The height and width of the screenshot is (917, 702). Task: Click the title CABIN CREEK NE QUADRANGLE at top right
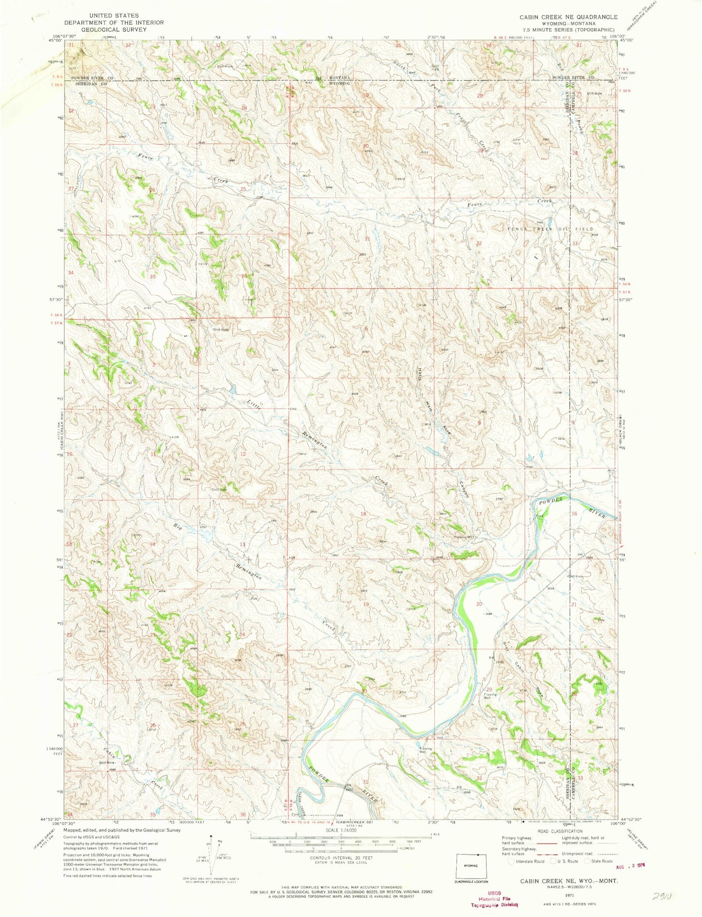pos(568,17)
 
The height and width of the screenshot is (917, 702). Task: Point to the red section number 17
pos(479,514)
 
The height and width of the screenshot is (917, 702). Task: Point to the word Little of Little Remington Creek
pos(254,404)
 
